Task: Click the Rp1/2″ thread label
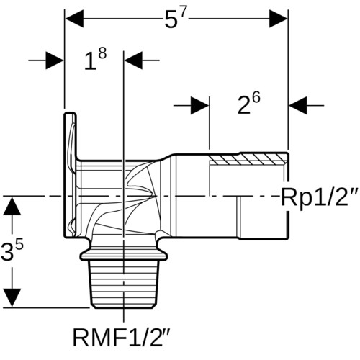point(320,197)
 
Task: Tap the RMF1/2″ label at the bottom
point(122,337)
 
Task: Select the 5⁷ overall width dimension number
point(176,19)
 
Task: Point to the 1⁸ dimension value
point(95,59)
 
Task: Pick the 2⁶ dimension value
point(249,104)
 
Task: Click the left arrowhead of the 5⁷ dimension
point(74,19)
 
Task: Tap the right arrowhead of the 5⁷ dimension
point(279,19)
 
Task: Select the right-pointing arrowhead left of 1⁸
point(55,60)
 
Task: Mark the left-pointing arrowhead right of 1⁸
point(133,60)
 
